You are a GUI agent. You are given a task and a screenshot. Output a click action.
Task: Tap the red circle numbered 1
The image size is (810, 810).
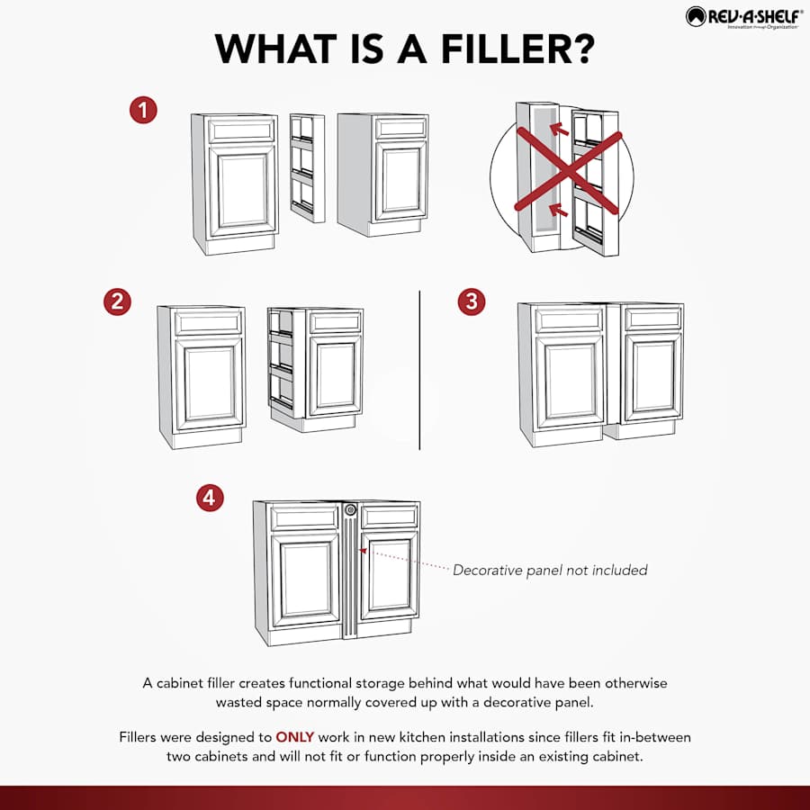[143, 112]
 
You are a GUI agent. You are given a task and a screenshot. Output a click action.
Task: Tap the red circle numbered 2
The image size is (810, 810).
[117, 301]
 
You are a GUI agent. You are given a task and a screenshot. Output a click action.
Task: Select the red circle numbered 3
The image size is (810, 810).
[472, 301]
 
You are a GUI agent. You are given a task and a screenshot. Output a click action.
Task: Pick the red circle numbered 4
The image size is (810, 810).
[211, 498]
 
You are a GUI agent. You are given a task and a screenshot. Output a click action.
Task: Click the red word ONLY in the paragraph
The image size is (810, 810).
[294, 737]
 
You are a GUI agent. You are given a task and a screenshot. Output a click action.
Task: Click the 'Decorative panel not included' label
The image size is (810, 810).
[550, 570]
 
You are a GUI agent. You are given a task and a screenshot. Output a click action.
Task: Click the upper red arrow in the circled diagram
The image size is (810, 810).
[560, 130]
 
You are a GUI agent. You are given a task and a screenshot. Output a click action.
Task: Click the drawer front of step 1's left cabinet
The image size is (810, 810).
[240, 131]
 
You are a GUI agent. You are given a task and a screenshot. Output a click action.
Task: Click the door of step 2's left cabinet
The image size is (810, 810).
[209, 383]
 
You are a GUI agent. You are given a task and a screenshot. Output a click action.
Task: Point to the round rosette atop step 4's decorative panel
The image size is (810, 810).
[351, 511]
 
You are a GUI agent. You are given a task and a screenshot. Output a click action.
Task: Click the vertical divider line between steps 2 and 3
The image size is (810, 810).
[419, 369]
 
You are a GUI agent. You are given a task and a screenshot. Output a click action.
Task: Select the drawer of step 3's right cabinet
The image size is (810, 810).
[653, 319]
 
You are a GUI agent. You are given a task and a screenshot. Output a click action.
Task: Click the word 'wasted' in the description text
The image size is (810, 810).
[240, 702]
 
